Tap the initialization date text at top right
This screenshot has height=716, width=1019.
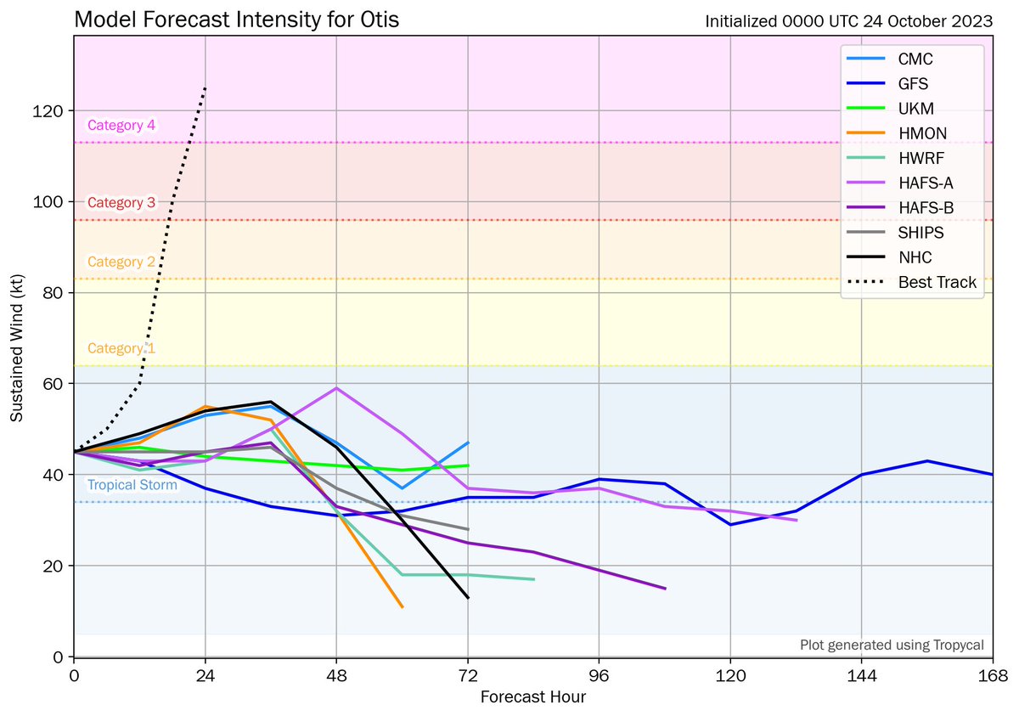(x=848, y=22)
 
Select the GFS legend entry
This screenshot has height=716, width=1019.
(x=913, y=84)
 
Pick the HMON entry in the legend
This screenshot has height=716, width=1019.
(x=922, y=133)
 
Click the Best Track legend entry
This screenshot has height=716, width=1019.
(x=937, y=282)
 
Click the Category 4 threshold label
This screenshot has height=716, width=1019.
(x=121, y=126)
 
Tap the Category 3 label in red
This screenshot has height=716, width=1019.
(x=121, y=203)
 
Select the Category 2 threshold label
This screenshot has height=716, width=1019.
(x=121, y=262)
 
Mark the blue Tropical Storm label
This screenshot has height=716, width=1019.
(x=132, y=486)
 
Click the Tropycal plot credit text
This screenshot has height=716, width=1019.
(x=892, y=646)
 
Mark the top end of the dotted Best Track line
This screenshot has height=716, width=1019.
(x=205, y=87)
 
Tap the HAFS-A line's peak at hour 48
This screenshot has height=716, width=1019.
(x=337, y=388)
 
